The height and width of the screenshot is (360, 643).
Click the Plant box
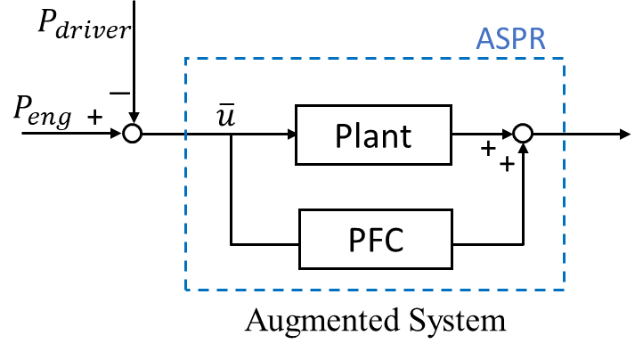tap(373, 136)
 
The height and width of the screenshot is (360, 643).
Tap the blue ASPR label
tap(510, 38)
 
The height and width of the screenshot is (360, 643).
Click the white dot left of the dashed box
tap(132, 134)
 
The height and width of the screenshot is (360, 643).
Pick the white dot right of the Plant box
tap(523, 134)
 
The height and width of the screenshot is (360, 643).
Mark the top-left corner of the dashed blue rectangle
tap(186, 59)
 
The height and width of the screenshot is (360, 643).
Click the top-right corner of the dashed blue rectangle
tap(564, 59)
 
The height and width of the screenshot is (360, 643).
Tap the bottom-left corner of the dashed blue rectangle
tap(186, 290)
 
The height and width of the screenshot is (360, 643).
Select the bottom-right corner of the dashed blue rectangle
tap(564, 290)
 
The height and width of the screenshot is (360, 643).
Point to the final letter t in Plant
tap(405, 137)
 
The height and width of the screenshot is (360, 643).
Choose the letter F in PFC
tap(374, 240)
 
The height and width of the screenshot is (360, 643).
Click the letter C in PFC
tap(395, 240)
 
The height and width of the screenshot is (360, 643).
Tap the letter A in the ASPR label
tap(485, 38)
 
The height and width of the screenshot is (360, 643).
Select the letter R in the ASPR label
tap(535, 38)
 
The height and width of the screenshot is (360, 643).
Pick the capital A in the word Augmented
tap(256, 319)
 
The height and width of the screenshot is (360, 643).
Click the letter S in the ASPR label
tap(502, 38)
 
